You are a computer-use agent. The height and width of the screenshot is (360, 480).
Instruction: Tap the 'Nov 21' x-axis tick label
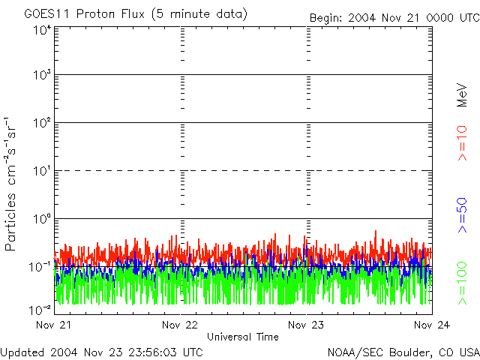tap(55, 325)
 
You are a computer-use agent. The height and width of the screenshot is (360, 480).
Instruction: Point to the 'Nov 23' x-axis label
tap(306, 325)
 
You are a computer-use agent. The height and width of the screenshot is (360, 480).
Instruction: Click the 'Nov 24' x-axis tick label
tap(431, 325)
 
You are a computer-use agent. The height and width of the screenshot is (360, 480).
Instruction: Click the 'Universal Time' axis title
tap(242, 337)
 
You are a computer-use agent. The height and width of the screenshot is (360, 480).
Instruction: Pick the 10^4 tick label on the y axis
tap(41, 30)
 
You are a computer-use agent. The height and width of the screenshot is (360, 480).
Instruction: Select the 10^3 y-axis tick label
tap(41, 76)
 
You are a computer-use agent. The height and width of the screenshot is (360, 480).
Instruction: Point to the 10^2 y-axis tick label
tap(41, 124)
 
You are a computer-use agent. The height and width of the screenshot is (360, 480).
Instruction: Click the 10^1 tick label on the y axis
tap(41, 172)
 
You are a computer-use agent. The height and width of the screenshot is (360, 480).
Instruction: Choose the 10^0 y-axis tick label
tap(41, 220)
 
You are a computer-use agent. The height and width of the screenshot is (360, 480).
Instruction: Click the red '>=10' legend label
tap(463, 143)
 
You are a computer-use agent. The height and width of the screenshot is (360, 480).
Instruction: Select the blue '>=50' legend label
tap(463, 214)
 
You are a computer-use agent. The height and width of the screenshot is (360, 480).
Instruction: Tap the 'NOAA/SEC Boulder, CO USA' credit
tap(403, 352)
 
